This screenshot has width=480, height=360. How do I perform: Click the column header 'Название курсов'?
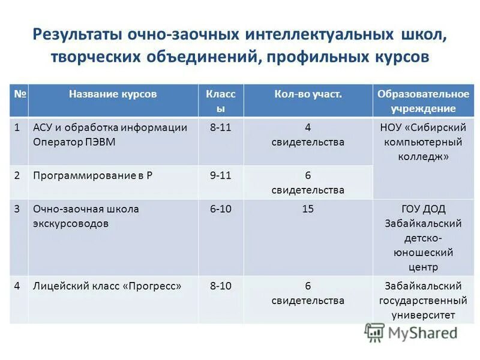[x=113, y=94]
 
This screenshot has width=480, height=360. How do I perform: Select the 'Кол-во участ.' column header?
[x=308, y=94]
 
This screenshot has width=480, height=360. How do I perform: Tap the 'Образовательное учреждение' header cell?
[x=422, y=101]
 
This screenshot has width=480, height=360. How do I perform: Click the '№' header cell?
[x=19, y=94]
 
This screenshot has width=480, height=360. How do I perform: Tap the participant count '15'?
[x=308, y=209]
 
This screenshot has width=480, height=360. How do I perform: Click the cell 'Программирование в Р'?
[x=82, y=175]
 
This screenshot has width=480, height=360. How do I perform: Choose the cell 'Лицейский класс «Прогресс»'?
[x=107, y=286]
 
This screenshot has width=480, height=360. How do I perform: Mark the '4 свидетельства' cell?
[x=308, y=134]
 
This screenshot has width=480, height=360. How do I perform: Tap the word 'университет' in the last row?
[x=422, y=314]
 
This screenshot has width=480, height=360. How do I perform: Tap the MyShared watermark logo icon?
[x=375, y=332]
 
